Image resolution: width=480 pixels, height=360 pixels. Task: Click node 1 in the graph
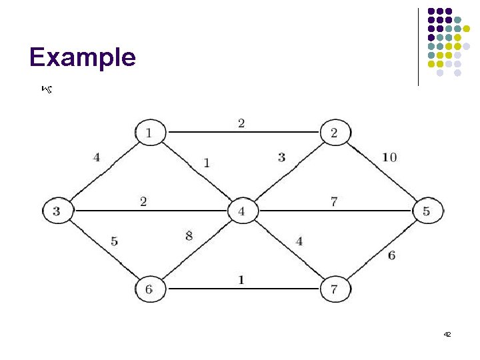click(x=149, y=132)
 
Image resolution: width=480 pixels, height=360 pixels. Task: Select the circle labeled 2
click(x=334, y=132)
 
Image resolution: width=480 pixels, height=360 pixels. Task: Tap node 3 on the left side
click(x=57, y=211)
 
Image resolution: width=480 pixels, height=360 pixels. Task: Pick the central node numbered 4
click(x=242, y=211)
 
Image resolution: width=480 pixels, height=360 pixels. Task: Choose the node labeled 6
click(x=149, y=289)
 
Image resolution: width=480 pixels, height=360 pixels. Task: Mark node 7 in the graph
click(x=334, y=289)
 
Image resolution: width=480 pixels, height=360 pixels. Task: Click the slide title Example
click(x=82, y=57)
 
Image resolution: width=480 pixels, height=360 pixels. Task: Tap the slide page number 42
click(x=447, y=333)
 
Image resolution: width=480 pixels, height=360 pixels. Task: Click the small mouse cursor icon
click(x=46, y=88)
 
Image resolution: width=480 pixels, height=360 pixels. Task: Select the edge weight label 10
click(x=390, y=157)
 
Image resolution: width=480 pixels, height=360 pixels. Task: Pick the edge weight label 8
click(x=189, y=235)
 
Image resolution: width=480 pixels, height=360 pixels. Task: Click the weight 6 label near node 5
click(x=391, y=255)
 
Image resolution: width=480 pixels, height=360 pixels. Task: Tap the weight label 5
click(x=115, y=241)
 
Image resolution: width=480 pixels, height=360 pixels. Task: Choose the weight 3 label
click(x=281, y=157)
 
